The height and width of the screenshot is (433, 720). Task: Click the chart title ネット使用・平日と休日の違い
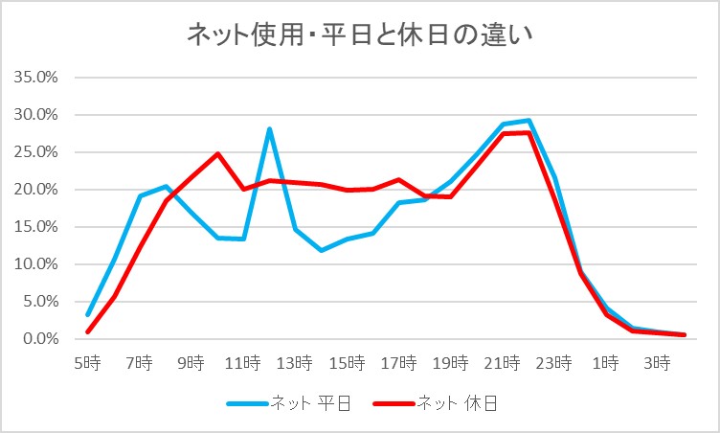(x=359, y=36)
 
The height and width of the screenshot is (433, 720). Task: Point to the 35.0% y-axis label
(x=38, y=78)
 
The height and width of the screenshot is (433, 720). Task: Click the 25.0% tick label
(x=38, y=152)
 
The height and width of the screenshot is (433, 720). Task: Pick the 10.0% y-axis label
(x=38, y=264)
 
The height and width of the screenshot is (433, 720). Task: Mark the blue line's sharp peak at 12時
(x=270, y=128)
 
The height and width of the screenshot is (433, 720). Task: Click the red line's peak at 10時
(x=217, y=153)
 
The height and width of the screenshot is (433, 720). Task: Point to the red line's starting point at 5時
(x=87, y=332)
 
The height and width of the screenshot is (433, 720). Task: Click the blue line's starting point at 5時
(x=87, y=314)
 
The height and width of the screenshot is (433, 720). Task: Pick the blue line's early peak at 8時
(x=166, y=186)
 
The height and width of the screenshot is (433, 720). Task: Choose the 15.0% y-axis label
(x=38, y=227)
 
